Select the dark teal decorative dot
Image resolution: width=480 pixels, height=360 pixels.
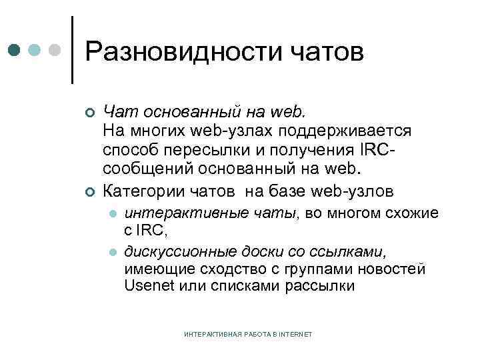point(15,50)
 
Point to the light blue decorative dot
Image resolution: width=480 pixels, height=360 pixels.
point(35,50)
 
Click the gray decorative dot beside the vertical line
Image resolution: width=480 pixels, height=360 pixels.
point(56,50)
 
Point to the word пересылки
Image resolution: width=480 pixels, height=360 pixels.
point(212,146)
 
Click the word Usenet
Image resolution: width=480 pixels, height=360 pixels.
point(147,287)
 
